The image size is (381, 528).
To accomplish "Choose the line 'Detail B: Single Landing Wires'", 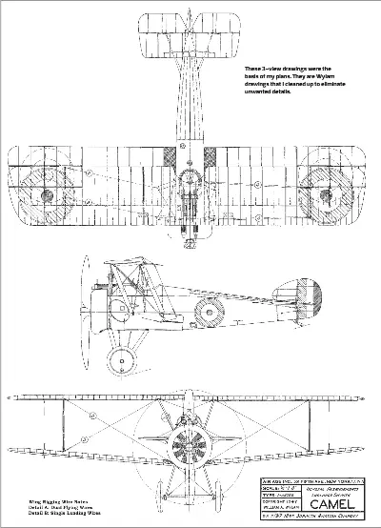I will click(x=52, y=513).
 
